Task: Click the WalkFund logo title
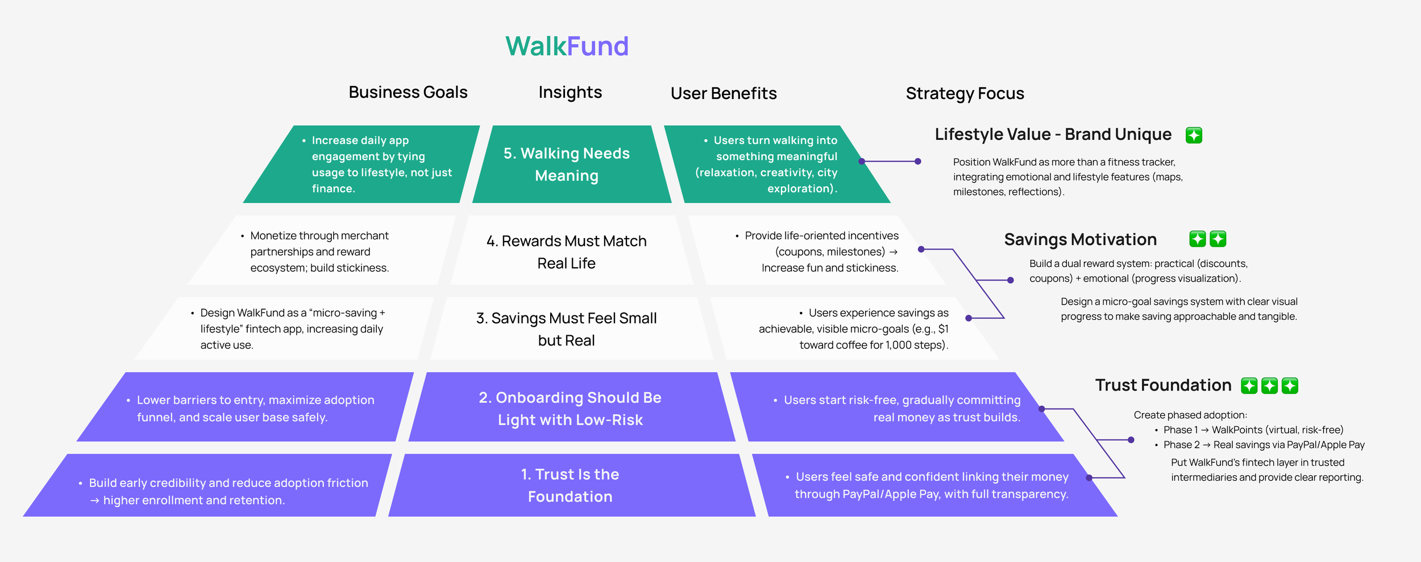567,46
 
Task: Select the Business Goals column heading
408,92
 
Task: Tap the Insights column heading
570,92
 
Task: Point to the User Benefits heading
723,93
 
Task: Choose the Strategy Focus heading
965,93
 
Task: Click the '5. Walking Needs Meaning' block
567,164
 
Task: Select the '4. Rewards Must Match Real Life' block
567,252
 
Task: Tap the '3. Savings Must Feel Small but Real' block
567,329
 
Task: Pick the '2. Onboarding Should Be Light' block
570,408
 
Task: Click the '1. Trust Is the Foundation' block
570,485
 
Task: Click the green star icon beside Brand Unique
1194,135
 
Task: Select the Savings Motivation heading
1080,239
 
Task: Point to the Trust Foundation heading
1163,385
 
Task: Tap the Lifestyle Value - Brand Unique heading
1053,134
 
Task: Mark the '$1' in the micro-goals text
943,329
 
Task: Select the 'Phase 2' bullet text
1181,444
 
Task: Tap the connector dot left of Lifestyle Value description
917,161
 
